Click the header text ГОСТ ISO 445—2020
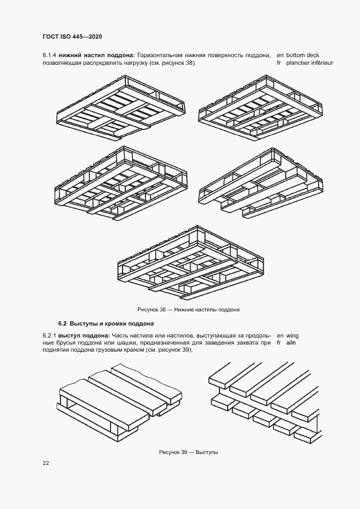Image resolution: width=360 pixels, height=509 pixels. coord(72,36)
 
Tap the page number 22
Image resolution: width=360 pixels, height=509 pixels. coord(46,463)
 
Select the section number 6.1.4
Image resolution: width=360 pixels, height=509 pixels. coord(50,55)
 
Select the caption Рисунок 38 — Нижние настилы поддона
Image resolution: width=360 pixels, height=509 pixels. coord(188,310)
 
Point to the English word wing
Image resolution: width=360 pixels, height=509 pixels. coord(292,335)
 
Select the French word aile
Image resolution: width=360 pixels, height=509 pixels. coord(290,343)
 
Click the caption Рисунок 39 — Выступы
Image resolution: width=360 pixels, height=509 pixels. coord(188,452)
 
